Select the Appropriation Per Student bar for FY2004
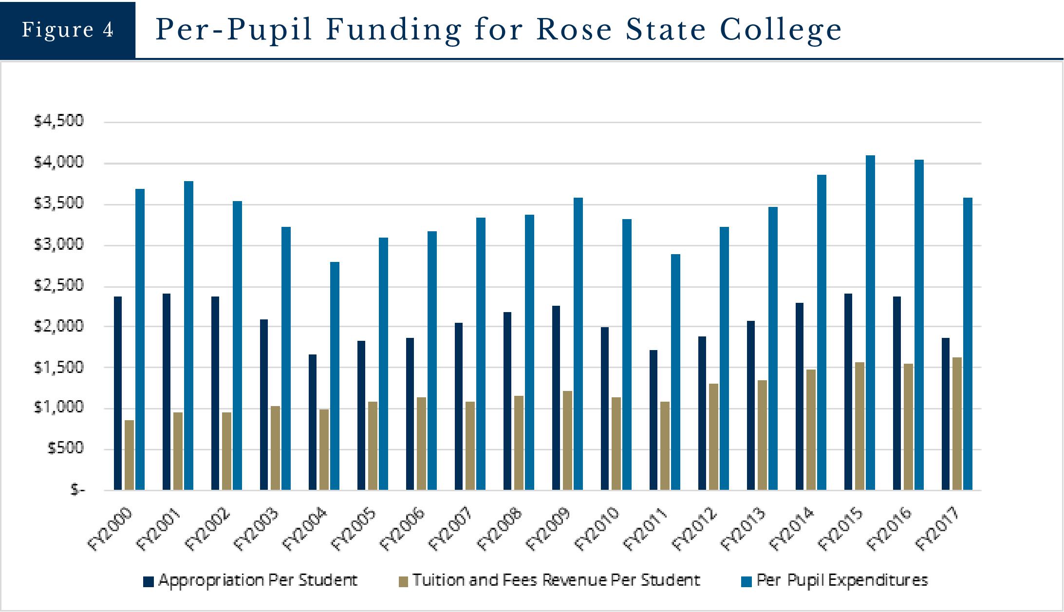tap(313, 422)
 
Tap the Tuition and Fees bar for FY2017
tap(957, 424)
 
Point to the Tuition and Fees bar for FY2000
tap(129, 455)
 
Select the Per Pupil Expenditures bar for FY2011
tap(675, 372)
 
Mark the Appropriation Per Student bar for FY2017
tap(946, 414)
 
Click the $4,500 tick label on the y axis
tap(59, 121)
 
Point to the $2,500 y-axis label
tap(59, 285)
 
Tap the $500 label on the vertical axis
tap(65, 448)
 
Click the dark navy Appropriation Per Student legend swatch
tap(149, 581)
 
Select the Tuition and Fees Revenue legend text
tap(556, 580)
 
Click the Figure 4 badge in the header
tap(68, 30)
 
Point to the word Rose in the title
tap(574, 30)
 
